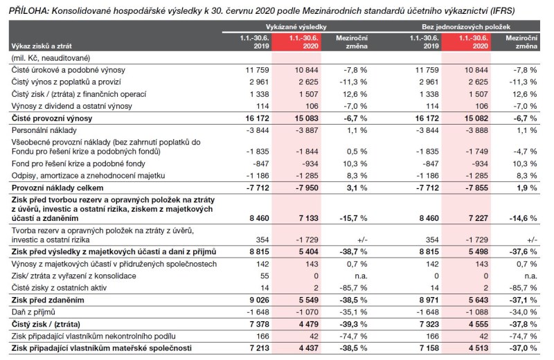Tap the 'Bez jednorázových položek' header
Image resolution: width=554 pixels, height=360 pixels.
476,25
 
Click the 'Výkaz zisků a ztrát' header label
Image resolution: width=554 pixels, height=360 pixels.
41,46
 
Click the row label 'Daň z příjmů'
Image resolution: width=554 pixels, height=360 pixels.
35,312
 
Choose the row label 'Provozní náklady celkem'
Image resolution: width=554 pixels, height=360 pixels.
57,188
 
